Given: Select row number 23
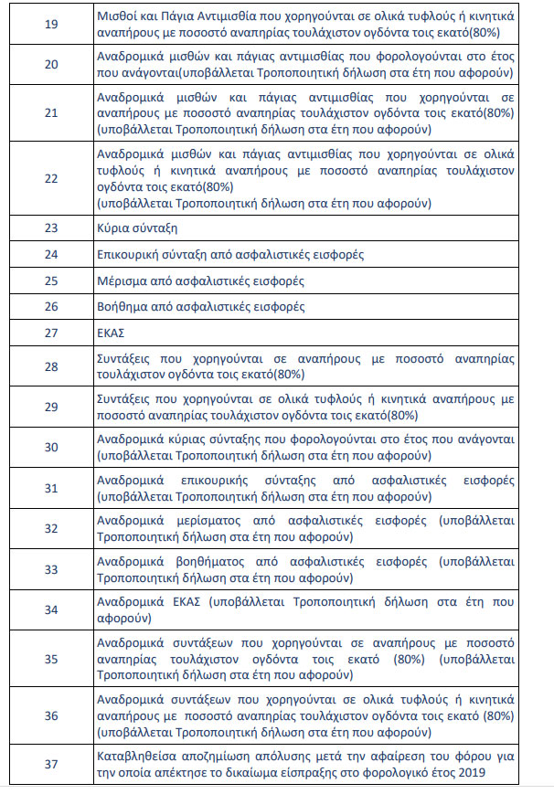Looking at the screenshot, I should click(x=51, y=228).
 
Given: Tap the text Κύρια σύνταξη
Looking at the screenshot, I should click(x=137, y=228).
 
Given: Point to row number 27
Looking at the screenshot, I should click(x=51, y=333).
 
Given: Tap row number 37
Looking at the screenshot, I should click(x=51, y=764).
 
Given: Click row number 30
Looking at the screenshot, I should click(x=51, y=447).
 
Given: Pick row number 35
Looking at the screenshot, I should click(x=51, y=659).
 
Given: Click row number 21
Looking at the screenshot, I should click(x=51, y=112).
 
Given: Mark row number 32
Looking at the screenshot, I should click(x=51, y=528).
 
